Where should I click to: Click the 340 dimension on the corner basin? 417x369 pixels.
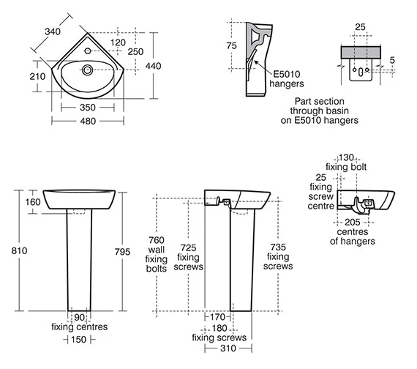[53, 31]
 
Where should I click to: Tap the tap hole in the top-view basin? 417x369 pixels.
[88, 51]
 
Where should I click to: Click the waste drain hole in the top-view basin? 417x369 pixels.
[87, 70]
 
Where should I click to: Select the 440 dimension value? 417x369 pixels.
[153, 66]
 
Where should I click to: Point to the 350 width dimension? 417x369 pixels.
[88, 108]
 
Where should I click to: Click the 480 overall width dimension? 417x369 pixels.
[88, 122]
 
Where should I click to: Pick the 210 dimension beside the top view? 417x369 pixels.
[37, 77]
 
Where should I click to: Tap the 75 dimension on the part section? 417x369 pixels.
[231, 46]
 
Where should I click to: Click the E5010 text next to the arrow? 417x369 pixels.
[287, 74]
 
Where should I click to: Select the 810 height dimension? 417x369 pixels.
[19, 250]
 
